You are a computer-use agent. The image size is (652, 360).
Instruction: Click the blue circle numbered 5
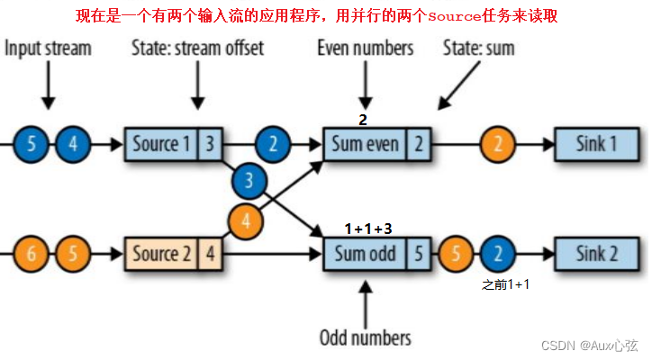[31, 142]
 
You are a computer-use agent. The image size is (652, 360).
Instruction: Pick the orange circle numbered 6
[31, 253]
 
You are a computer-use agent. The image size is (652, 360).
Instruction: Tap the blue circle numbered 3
[249, 182]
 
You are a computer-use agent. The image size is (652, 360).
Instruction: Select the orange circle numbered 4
[247, 219]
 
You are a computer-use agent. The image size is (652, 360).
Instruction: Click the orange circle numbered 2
[497, 142]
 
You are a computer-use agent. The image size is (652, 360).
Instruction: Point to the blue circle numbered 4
[73, 142]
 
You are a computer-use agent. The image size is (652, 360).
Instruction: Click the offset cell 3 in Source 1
[208, 142]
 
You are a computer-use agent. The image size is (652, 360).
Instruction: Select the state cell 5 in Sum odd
[419, 253]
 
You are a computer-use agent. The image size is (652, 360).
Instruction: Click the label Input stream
[48, 48]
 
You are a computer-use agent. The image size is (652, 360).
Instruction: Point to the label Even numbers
[365, 48]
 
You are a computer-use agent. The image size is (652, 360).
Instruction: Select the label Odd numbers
[365, 337]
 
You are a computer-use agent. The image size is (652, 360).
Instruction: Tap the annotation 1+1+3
[368, 229]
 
